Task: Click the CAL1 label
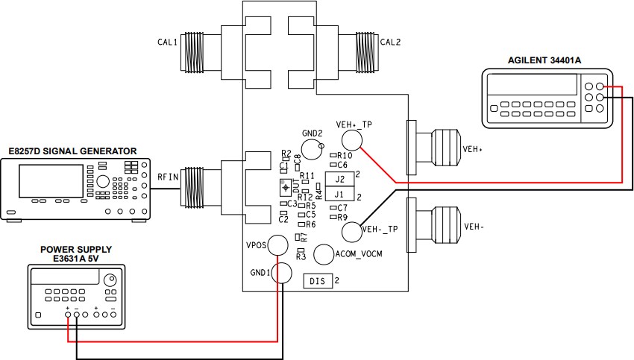pyautogui.click(x=166, y=43)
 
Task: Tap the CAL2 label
pyautogui.click(x=390, y=43)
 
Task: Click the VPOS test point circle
pyautogui.click(x=279, y=244)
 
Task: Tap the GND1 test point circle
pyautogui.click(x=282, y=273)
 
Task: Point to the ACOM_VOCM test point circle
pyautogui.click(x=324, y=254)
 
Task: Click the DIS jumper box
pyautogui.click(x=318, y=281)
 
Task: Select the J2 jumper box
pyautogui.click(x=339, y=179)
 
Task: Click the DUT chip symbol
pyautogui.click(x=284, y=186)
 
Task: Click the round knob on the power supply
pyautogui.click(x=110, y=280)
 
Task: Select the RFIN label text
pyautogui.click(x=166, y=177)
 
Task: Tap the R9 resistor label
pyautogui.click(x=342, y=218)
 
